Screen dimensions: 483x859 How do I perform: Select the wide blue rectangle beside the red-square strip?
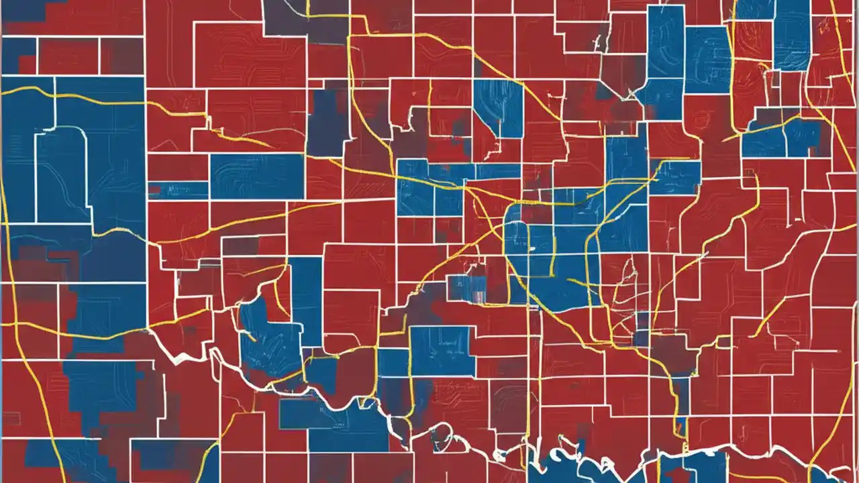(257, 176)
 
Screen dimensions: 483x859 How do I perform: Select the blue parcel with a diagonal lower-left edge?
(497, 107)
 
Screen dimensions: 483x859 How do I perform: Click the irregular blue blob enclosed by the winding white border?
(268, 335)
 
